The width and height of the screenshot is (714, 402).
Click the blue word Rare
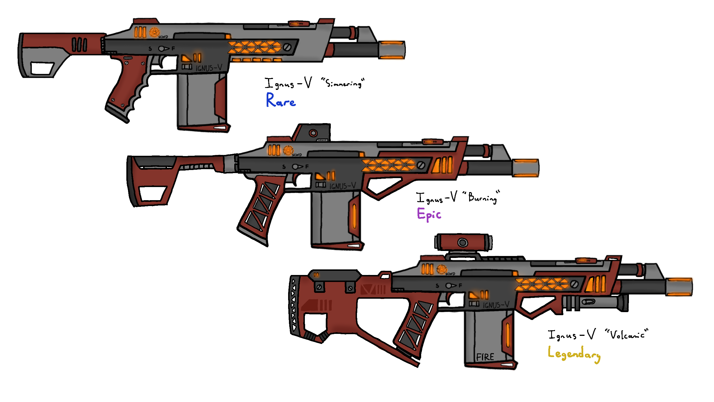[x=281, y=100]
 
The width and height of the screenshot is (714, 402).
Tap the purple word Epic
[x=429, y=214]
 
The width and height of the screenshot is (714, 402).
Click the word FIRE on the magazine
[x=485, y=357]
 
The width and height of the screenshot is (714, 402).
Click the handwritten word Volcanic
[x=627, y=334]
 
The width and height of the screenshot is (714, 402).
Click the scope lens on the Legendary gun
[x=462, y=243]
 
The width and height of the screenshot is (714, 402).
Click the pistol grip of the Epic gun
[x=261, y=207]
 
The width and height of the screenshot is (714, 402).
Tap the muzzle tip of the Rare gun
[x=392, y=50]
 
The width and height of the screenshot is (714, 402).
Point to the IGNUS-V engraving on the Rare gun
[x=209, y=68]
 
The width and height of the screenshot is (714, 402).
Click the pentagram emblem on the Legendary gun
[x=442, y=269]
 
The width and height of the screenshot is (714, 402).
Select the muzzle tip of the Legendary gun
[x=679, y=287]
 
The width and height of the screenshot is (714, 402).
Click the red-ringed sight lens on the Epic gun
[x=313, y=133]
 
